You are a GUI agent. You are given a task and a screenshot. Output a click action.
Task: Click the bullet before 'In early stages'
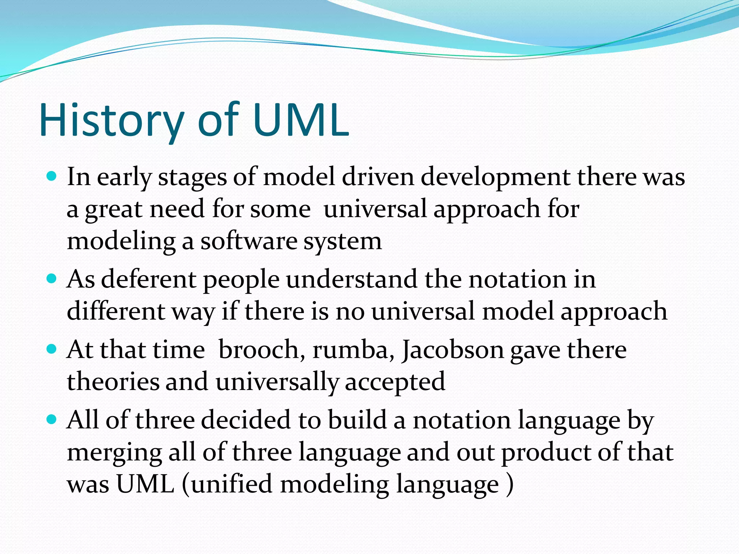pos(52,176)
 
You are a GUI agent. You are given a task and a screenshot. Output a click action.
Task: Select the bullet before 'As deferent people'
pos(52,279)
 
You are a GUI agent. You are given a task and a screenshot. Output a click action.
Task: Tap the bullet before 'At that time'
pos(52,349)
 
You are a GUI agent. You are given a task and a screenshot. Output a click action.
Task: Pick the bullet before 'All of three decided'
pos(52,419)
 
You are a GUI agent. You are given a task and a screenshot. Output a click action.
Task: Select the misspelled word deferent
pos(148,280)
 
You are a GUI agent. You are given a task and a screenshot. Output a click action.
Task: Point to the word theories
pos(113,382)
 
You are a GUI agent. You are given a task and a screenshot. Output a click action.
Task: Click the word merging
pos(114,453)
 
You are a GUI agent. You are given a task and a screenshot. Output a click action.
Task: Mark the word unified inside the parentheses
pos(231,484)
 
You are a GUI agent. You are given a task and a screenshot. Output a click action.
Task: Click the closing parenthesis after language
pos(510,485)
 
